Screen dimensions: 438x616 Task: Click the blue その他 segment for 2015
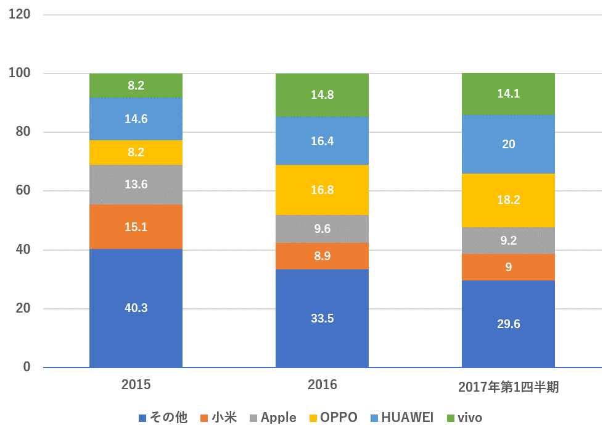point(136,308)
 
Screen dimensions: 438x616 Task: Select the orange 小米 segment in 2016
point(322,256)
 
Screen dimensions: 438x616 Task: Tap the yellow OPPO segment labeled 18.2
point(508,200)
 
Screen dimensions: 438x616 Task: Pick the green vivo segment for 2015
point(136,86)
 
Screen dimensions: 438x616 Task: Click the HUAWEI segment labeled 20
point(508,144)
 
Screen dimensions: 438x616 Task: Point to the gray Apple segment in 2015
point(136,185)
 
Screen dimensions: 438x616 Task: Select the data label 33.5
point(322,319)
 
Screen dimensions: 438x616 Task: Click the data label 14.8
point(322,95)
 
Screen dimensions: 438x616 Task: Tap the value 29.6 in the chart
point(508,324)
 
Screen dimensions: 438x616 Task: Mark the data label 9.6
point(322,229)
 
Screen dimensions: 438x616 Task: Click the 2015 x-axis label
point(136,385)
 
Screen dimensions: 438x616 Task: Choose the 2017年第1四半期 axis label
point(508,387)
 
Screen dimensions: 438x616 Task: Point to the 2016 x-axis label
point(322,385)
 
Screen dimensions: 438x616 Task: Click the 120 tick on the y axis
point(20,15)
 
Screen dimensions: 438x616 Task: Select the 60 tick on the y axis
point(23,191)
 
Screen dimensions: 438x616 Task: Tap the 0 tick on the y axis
point(27,367)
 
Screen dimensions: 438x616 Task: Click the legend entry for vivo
point(463,418)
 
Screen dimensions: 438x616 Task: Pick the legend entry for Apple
point(271,418)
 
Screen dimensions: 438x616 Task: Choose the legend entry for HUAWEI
point(400,418)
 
